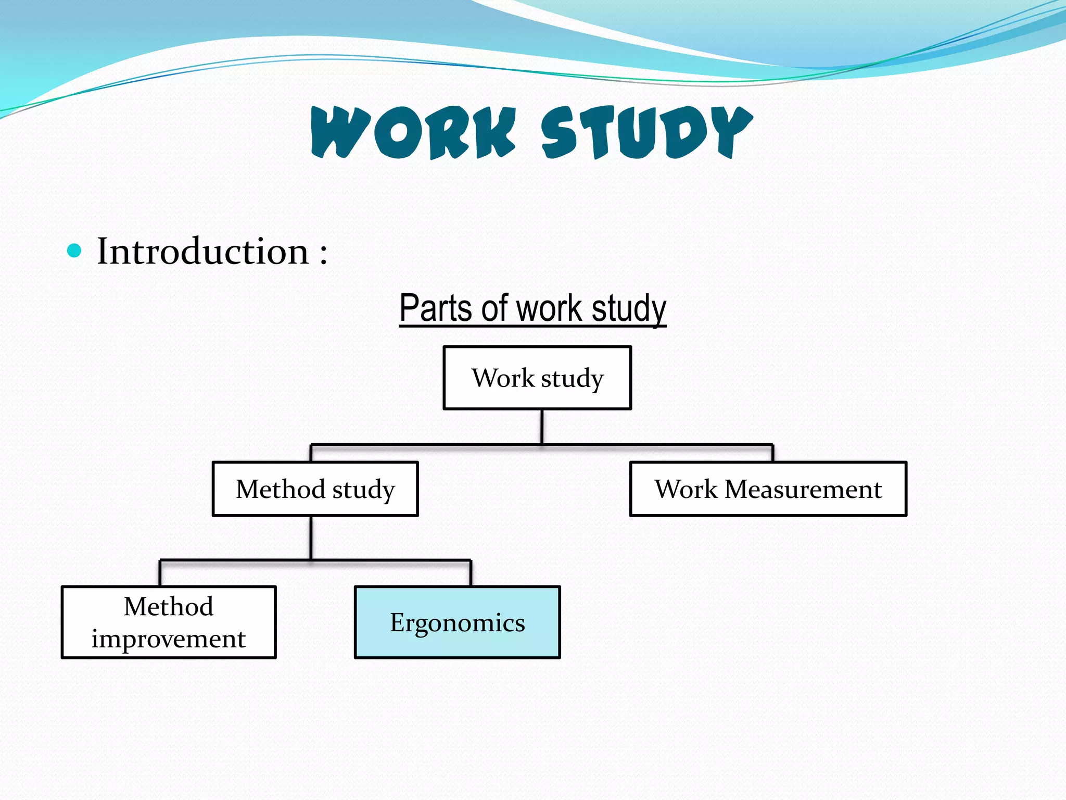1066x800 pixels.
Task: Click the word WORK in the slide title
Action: [414, 132]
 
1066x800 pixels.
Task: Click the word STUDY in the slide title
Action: [646, 132]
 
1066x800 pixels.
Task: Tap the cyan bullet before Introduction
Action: [75, 251]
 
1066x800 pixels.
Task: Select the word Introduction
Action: [203, 252]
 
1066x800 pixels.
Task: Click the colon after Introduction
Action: [324, 254]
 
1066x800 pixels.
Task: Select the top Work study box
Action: [537, 378]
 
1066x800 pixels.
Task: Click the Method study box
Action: [315, 489]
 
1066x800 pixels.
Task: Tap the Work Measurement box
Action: [768, 489]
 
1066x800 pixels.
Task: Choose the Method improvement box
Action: [169, 622]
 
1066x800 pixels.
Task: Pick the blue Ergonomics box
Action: [458, 622]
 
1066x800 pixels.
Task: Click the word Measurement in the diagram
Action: [803, 489]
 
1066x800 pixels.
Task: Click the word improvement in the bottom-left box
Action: [169, 639]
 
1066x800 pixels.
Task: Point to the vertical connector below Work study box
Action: [542, 427]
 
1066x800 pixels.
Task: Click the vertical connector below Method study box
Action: [311, 537]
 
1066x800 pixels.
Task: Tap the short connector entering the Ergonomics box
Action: [471, 573]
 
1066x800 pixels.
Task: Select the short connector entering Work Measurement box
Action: [772, 453]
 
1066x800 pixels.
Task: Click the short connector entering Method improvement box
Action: [160, 573]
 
